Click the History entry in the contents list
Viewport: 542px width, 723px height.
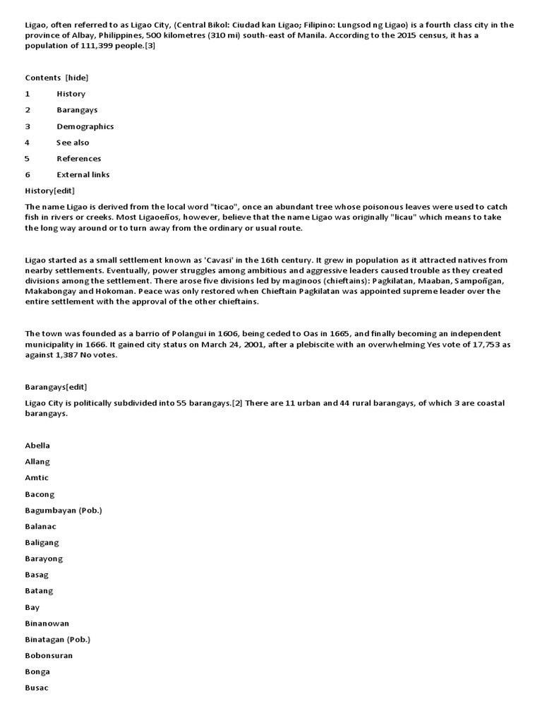(x=71, y=94)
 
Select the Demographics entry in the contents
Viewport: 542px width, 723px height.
(x=85, y=126)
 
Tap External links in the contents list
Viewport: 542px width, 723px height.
(x=83, y=174)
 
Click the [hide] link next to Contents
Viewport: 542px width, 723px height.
(x=77, y=78)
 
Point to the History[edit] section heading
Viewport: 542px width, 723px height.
(x=49, y=191)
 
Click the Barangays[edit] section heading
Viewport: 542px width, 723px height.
(x=56, y=387)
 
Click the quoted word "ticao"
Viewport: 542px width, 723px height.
(x=227, y=206)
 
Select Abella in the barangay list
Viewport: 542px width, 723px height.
(x=37, y=446)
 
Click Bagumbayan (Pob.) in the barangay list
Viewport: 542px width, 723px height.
(x=64, y=510)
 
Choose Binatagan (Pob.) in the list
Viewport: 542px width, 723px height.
(x=58, y=639)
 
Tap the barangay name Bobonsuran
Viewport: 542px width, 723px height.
(x=49, y=655)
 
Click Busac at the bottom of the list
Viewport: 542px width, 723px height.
(x=37, y=688)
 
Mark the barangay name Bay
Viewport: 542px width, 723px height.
(x=32, y=607)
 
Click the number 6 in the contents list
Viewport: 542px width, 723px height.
(x=28, y=174)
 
